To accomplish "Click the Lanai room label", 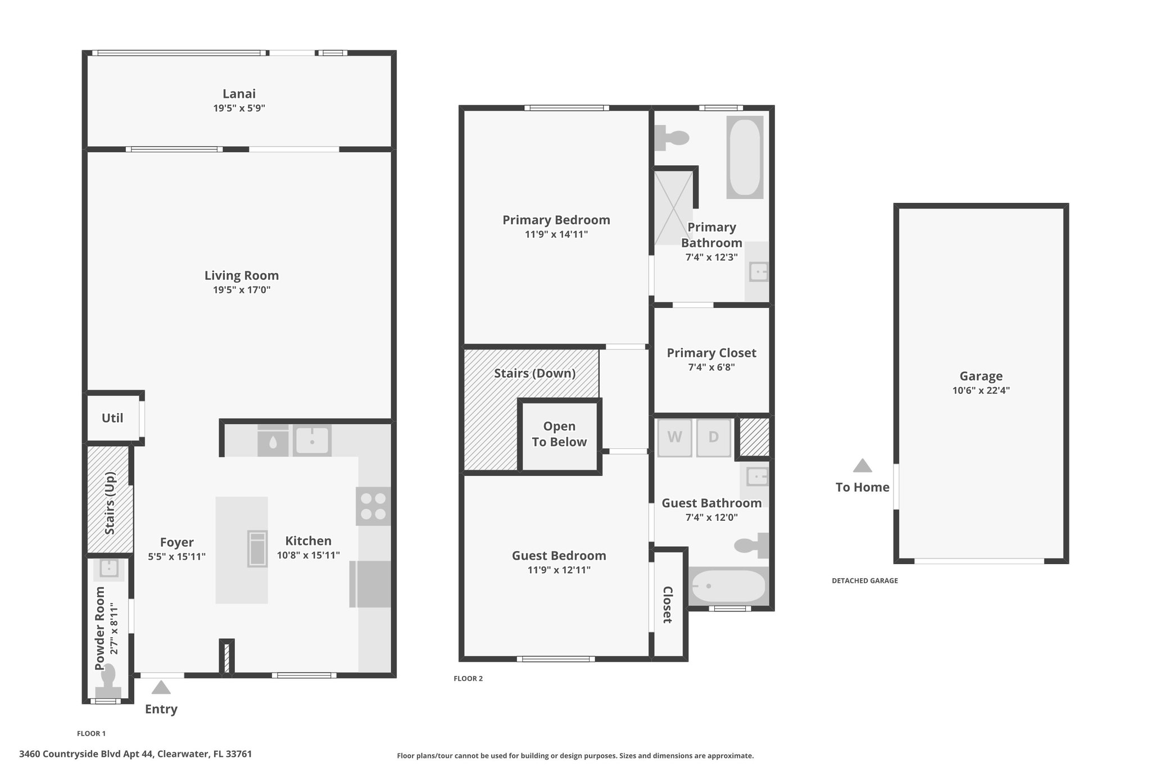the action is coord(239,94).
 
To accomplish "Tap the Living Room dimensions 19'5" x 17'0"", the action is coord(242,290).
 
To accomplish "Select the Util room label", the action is coord(112,418).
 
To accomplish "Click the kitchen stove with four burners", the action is coord(373,506).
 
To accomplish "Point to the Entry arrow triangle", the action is coord(161,687).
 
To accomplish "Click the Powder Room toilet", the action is coord(107,680).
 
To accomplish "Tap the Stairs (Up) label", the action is coord(110,503).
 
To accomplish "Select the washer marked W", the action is coord(674,437).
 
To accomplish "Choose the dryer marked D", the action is coord(714,437).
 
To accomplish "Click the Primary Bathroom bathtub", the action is coord(745,157).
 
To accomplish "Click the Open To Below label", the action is coord(559,434).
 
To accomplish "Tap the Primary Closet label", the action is coord(712,353).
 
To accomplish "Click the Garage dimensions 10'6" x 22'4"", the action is coord(981,391).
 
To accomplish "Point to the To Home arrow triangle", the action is coord(863,466).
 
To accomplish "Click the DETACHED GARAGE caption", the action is coord(865,581).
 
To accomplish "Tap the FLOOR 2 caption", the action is coord(468,679).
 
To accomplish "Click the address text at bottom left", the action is coord(135,754).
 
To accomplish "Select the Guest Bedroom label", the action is coord(559,556).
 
